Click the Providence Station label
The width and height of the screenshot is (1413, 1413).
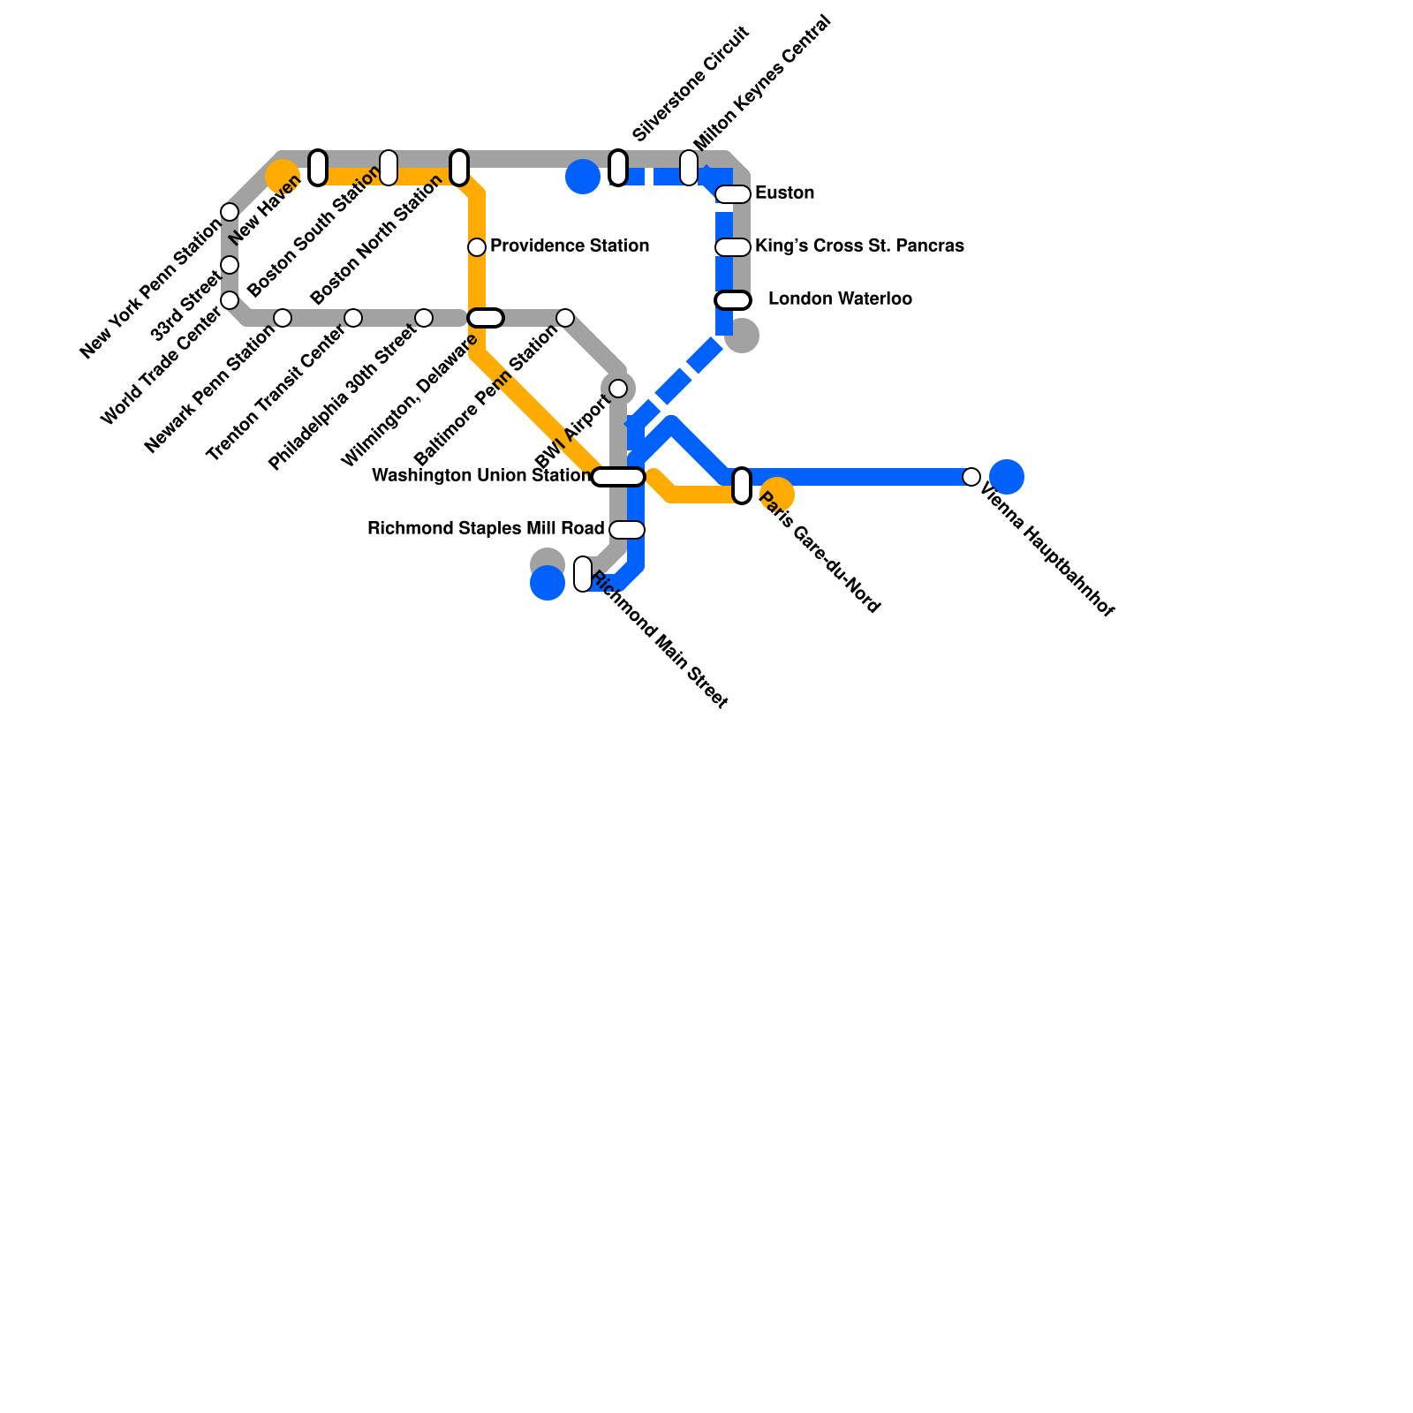tap(570, 246)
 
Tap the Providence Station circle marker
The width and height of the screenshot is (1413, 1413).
tap(477, 247)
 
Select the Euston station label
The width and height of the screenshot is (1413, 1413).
tap(784, 193)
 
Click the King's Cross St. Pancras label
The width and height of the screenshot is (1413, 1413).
tap(859, 246)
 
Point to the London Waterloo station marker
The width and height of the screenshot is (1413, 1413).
tap(733, 300)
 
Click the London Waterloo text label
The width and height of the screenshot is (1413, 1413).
tap(840, 299)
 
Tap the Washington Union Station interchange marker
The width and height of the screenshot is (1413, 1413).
tap(618, 477)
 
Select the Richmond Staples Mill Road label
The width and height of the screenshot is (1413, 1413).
tap(486, 529)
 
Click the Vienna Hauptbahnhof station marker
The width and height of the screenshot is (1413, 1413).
tap(971, 477)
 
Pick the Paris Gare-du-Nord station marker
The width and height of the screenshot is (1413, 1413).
tap(742, 486)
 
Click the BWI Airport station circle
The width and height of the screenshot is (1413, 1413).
tap(618, 389)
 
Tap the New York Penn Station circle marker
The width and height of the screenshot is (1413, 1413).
tap(230, 212)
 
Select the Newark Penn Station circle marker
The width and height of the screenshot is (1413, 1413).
tap(283, 318)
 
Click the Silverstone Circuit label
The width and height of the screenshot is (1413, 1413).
tap(691, 85)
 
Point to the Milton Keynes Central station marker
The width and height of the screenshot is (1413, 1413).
tap(689, 168)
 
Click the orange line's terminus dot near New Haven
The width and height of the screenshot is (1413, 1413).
tap(283, 177)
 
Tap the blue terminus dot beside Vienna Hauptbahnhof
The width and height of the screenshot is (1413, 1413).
tap(1007, 477)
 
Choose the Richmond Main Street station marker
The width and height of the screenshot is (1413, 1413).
tap(583, 574)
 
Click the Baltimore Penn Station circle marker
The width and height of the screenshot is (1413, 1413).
tap(565, 318)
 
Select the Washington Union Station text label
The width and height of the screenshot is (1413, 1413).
tap(481, 476)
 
